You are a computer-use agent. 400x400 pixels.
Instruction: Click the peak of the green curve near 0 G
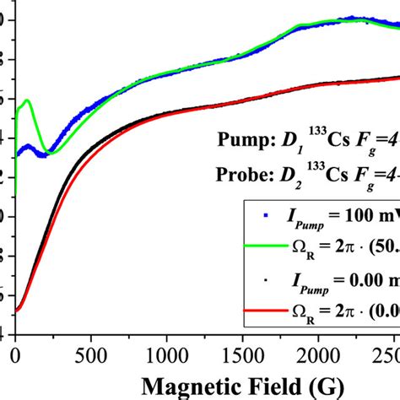(x=28, y=100)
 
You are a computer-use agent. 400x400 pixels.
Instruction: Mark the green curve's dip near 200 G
(x=51, y=153)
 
